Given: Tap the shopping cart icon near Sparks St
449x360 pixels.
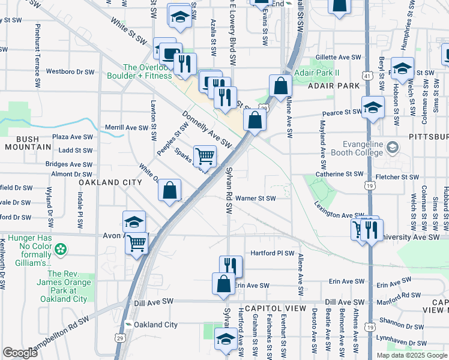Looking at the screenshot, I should pos(205,157).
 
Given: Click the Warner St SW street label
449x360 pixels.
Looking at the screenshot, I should pos(255,198).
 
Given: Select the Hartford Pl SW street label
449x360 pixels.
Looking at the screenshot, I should pos(273,253).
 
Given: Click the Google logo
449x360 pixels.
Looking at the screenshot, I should pos(20,353).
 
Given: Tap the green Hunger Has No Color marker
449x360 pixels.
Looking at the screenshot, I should pos(61,248).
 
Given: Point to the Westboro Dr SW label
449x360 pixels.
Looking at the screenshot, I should pos(70,71).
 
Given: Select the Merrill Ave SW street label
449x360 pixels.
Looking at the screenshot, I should pos(127,128).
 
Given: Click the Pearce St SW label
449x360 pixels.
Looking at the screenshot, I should pos(341,113).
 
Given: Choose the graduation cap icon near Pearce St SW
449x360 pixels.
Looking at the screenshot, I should pos(373,108).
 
